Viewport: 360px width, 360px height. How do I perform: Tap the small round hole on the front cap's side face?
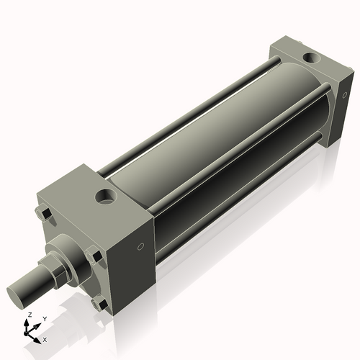point(141,248)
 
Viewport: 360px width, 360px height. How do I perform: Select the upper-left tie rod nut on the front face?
point(41,214)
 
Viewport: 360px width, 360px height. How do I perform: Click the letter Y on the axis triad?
point(44,318)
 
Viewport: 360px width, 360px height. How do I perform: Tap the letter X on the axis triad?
point(45,338)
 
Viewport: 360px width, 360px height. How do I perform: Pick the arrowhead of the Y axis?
point(37,325)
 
